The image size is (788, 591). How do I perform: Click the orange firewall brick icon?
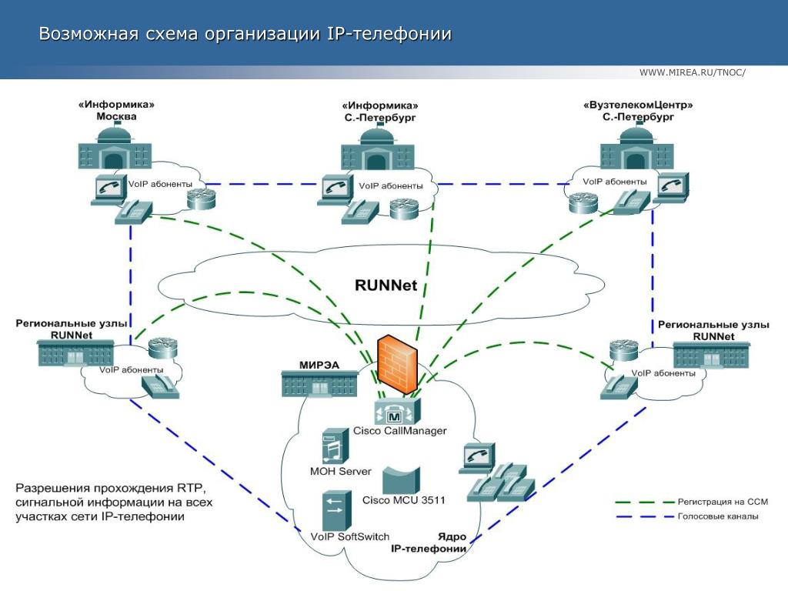tap(398, 365)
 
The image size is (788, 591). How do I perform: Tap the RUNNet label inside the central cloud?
tap(386, 285)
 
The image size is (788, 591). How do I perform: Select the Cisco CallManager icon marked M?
tap(399, 411)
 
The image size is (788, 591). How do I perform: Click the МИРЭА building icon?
tap(319, 383)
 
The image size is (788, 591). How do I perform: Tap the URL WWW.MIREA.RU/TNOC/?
tap(693, 72)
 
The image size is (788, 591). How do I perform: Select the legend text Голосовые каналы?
tap(717, 516)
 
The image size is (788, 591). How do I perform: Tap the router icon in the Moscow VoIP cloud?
tap(202, 199)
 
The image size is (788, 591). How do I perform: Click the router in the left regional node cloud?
tap(162, 349)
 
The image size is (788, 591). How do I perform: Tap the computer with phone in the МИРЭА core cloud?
tap(476, 457)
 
